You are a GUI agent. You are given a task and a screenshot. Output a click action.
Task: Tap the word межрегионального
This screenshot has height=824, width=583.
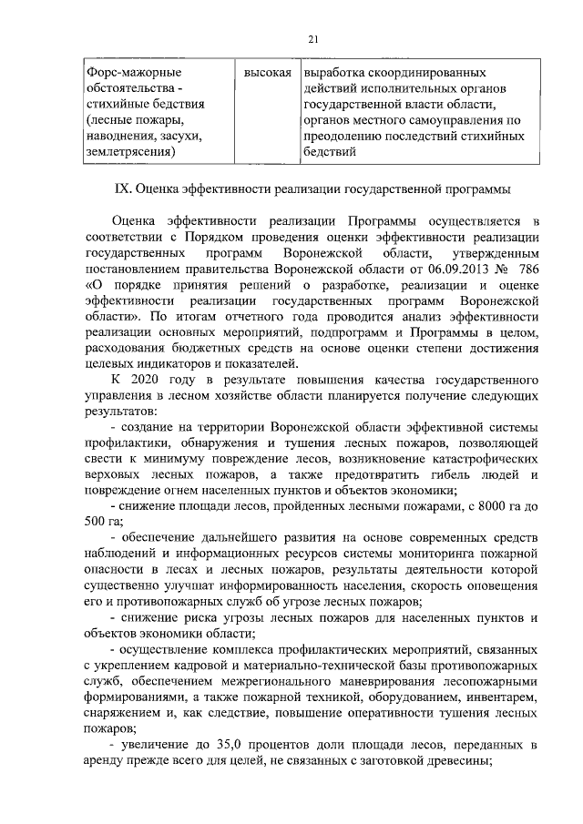283,682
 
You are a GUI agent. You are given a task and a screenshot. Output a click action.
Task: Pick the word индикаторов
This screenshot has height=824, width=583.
171,364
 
